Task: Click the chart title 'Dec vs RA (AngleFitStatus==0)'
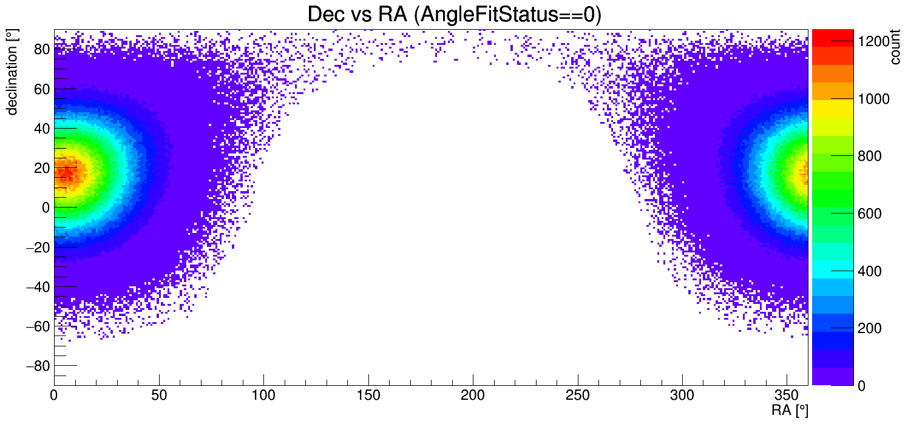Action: click(454, 15)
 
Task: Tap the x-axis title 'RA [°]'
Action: click(790, 411)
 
